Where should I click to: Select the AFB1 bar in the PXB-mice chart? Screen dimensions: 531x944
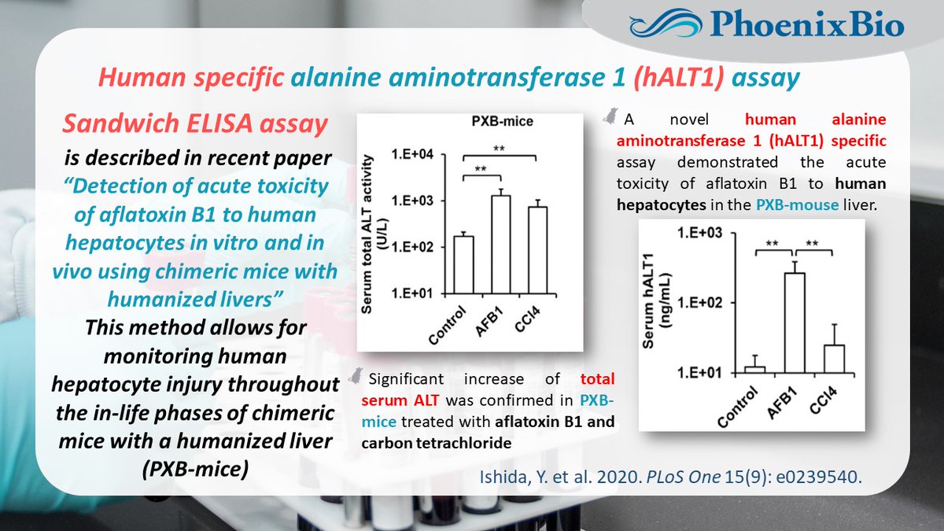501,244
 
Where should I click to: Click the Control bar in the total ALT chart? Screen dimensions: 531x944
464,264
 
